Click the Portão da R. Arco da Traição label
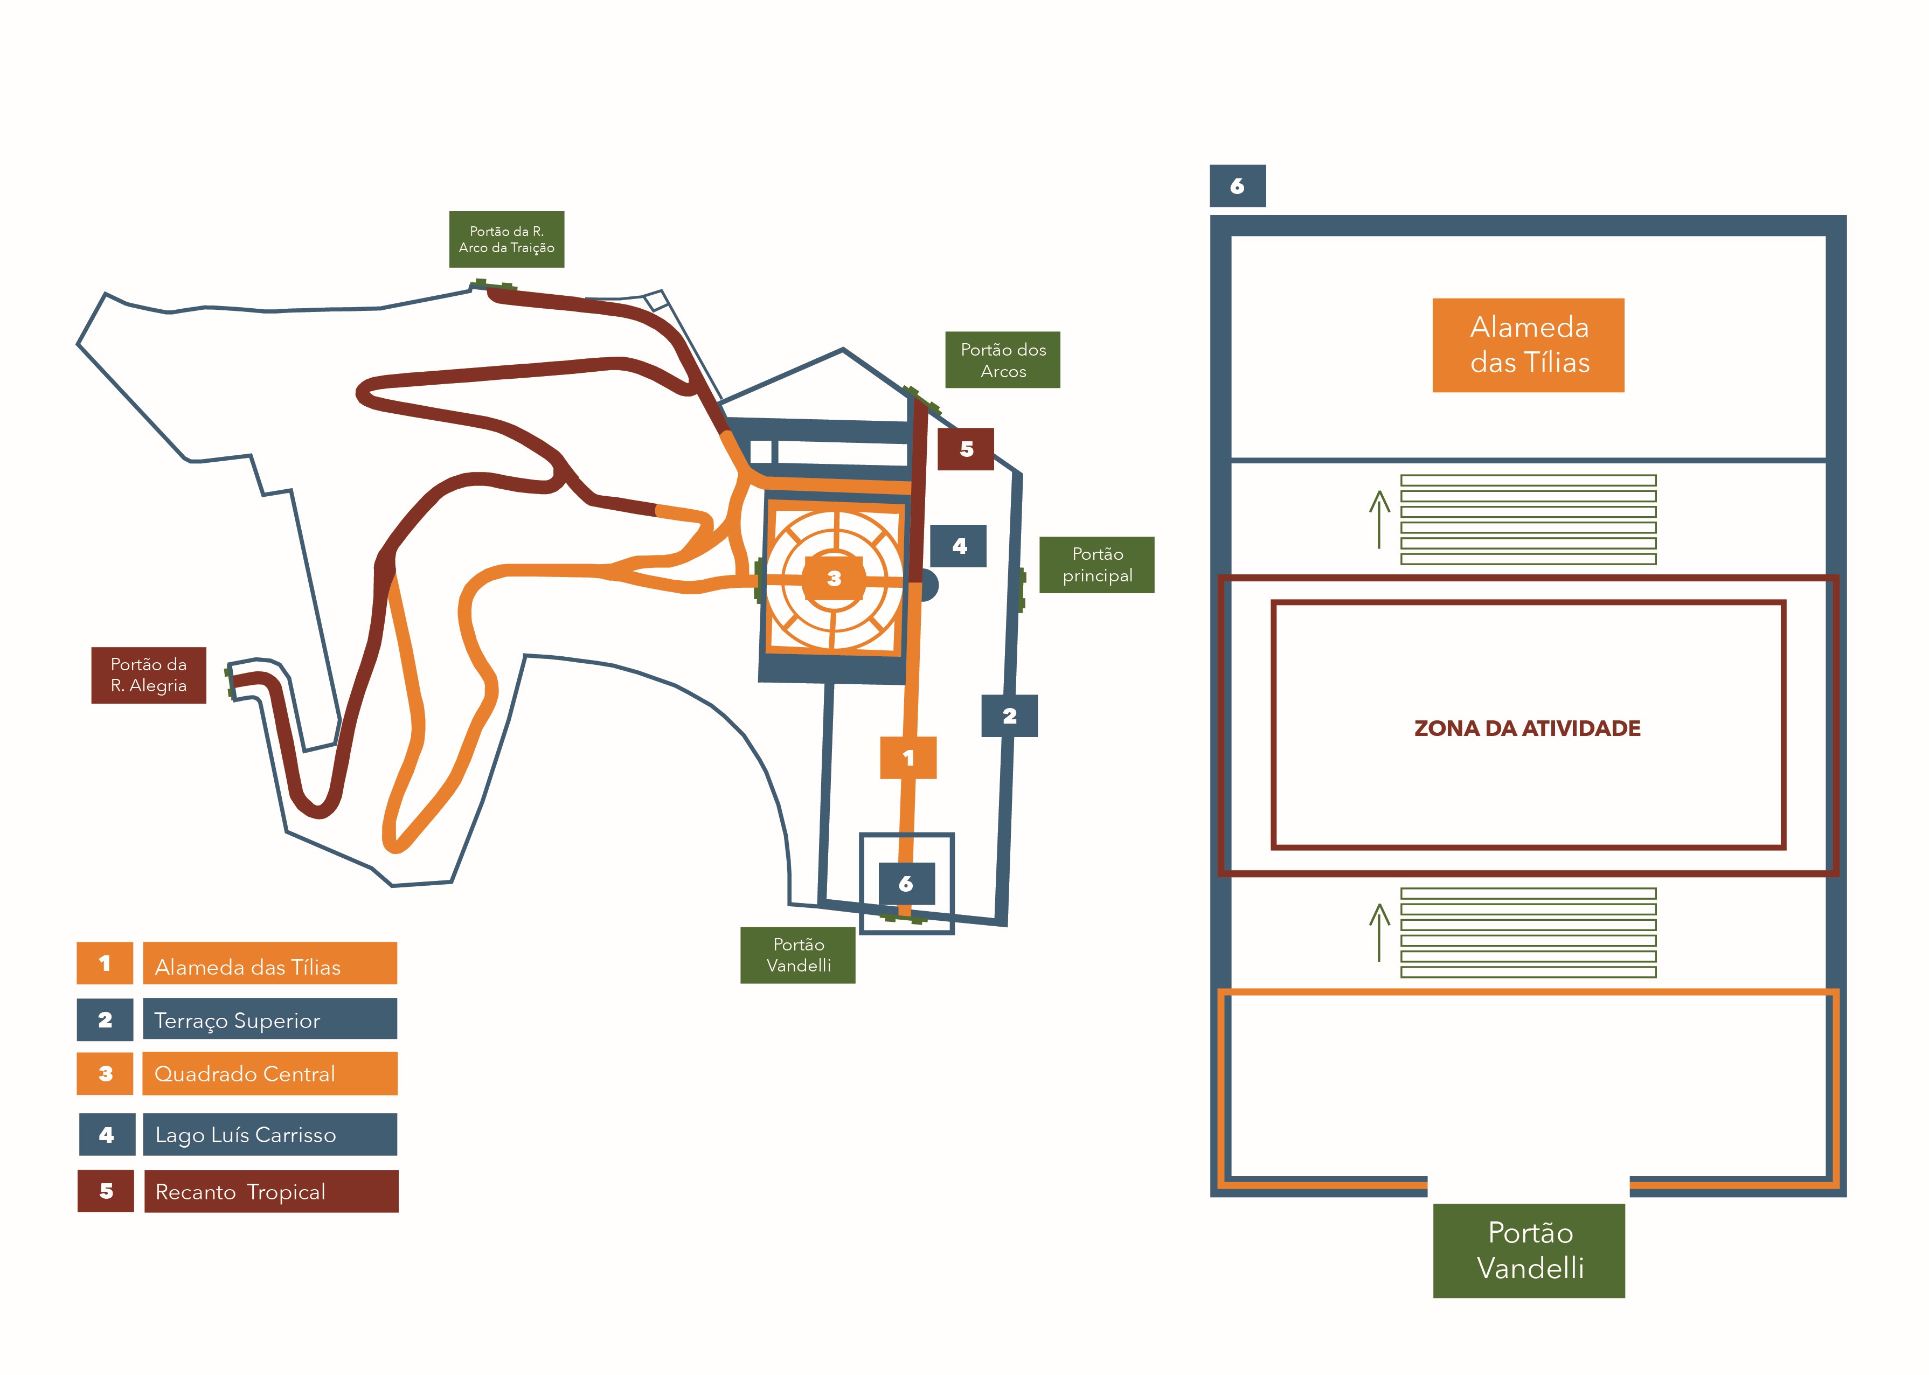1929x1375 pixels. (506, 240)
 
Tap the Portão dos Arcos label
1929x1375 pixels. (1003, 360)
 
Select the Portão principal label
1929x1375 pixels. (1097, 565)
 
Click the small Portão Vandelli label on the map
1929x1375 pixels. (797, 955)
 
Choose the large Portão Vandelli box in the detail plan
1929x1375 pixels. (1529, 1251)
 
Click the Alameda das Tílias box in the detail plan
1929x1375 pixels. (1529, 345)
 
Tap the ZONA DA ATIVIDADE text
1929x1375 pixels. (1527, 728)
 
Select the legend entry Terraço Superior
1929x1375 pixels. (269, 1019)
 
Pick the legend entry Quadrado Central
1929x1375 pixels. (269, 1074)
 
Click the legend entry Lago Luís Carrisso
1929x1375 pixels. (269, 1135)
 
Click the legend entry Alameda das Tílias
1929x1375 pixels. (269, 963)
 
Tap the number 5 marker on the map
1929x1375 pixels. (966, 449)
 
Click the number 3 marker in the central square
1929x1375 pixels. (834, 578)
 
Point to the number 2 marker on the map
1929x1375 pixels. (1009, 716)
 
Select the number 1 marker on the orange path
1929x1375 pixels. (908, 757)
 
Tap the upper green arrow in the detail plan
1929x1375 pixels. (1379, 519)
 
